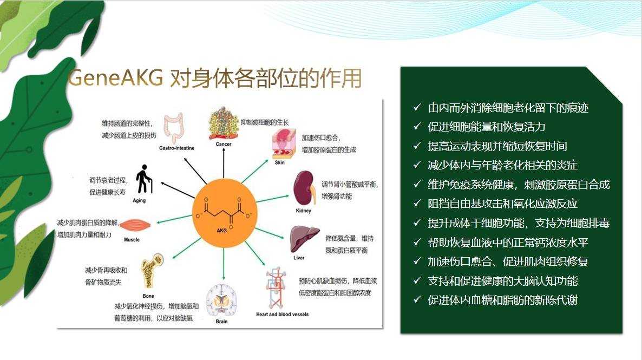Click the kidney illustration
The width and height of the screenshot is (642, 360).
pyautogui.click(x=304, y=188)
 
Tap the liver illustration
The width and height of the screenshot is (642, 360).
pyautogui.click(x=304, y=239)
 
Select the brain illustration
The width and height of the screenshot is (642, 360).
pyautogui.click(x=221, y=300)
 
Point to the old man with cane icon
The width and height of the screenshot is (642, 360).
pyautogui.click(x=144, y=179)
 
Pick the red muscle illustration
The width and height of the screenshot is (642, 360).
pyautogui.click(x=135, y=225)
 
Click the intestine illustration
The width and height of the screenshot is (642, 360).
pyautogui.click(x=174, y=128)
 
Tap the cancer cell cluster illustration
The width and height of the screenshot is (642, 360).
pyautogui.click(x=223, y=124)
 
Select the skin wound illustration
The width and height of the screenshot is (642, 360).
pyautogui.click(x=284, y=143)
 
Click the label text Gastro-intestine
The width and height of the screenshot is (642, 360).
pyautogui.click(x=177, y=148)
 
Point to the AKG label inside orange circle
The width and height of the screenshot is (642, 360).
pyautogui.click(x=221, y=231)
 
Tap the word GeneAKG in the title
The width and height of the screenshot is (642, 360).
pyautogui.click(x=116, y=77)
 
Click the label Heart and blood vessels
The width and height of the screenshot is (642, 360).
pyautogui.click(x=283, y=315)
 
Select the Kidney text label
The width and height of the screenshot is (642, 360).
pyautogui.click(x=303, y=211)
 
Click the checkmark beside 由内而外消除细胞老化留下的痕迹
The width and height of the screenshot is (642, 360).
pyautogui.click(x=417, y=107)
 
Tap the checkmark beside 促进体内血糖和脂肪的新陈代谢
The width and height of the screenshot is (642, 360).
pyautogui.click(x=417, y=299)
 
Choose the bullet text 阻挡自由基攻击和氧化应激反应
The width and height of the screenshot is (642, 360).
pyautogui.click(x=502, y=204)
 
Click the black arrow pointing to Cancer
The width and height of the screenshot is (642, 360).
pyautogui.click(x=224, y=162)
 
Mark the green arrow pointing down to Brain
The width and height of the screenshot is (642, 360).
pyautogui.click(x=224, y=264)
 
